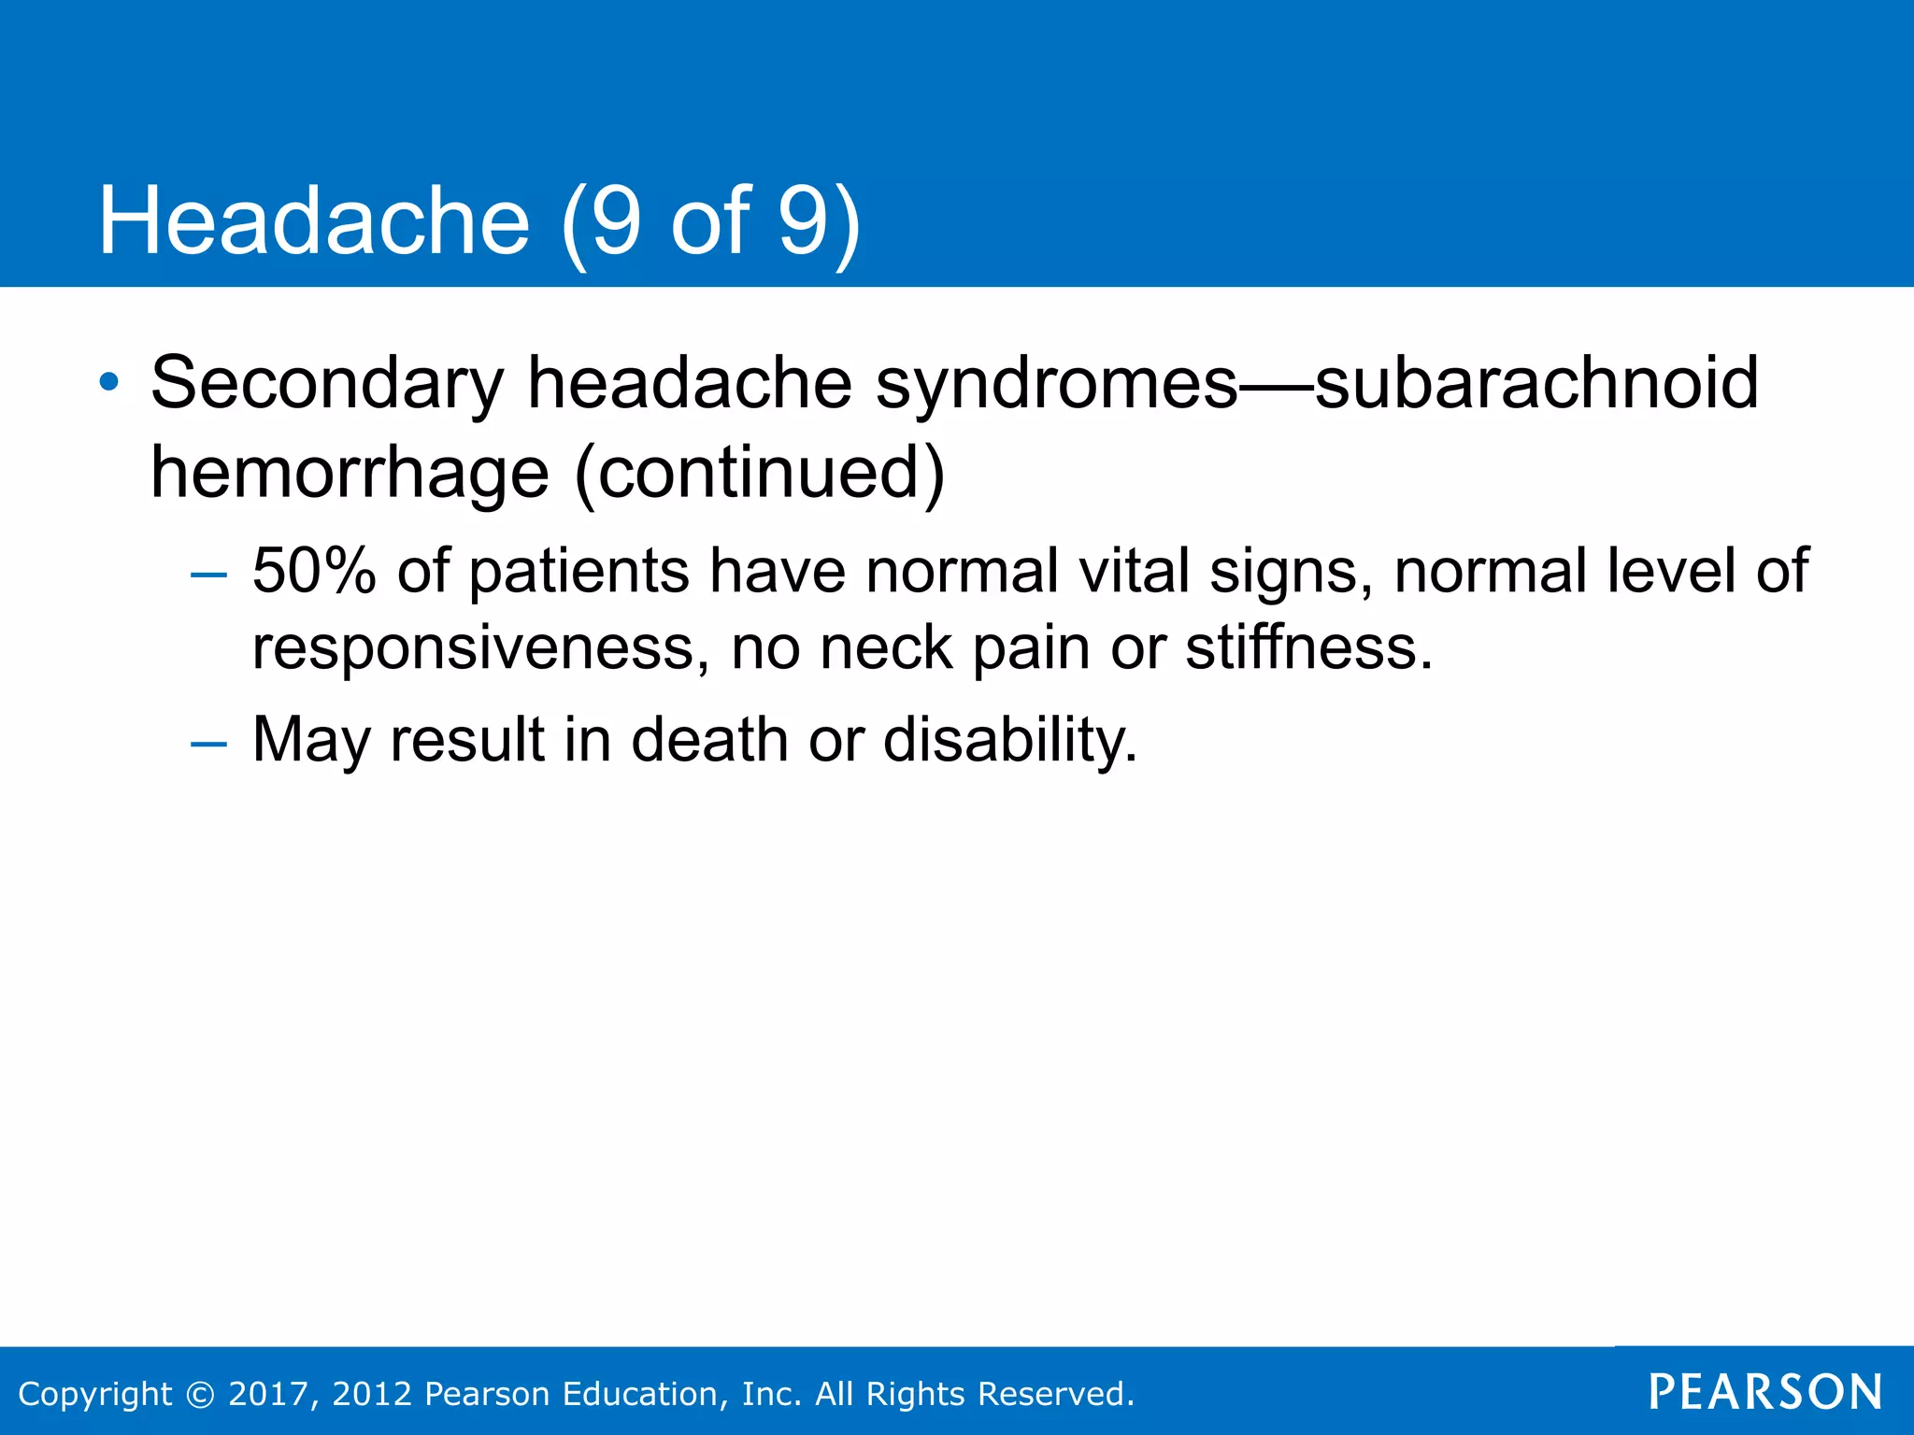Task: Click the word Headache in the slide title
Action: (x=314, y=220)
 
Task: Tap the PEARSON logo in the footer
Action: (x=1765, y=1392)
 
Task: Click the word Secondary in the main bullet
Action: (x=327, y=383)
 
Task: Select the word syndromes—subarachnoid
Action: (x=1316, y=383)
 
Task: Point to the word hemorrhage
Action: (x=350, y=473)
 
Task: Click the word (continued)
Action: (x=759, y=473)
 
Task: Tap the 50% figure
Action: (x=314, y=571)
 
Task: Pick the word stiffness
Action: (x=1308, y=647)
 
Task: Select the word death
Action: (x=709, y=740)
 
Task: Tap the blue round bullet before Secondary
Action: (x=109, y=382)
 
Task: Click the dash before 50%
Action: (x=208, y=574)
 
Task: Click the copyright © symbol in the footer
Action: (x=200, y=1394)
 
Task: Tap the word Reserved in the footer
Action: (x=1053, y=1394)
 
